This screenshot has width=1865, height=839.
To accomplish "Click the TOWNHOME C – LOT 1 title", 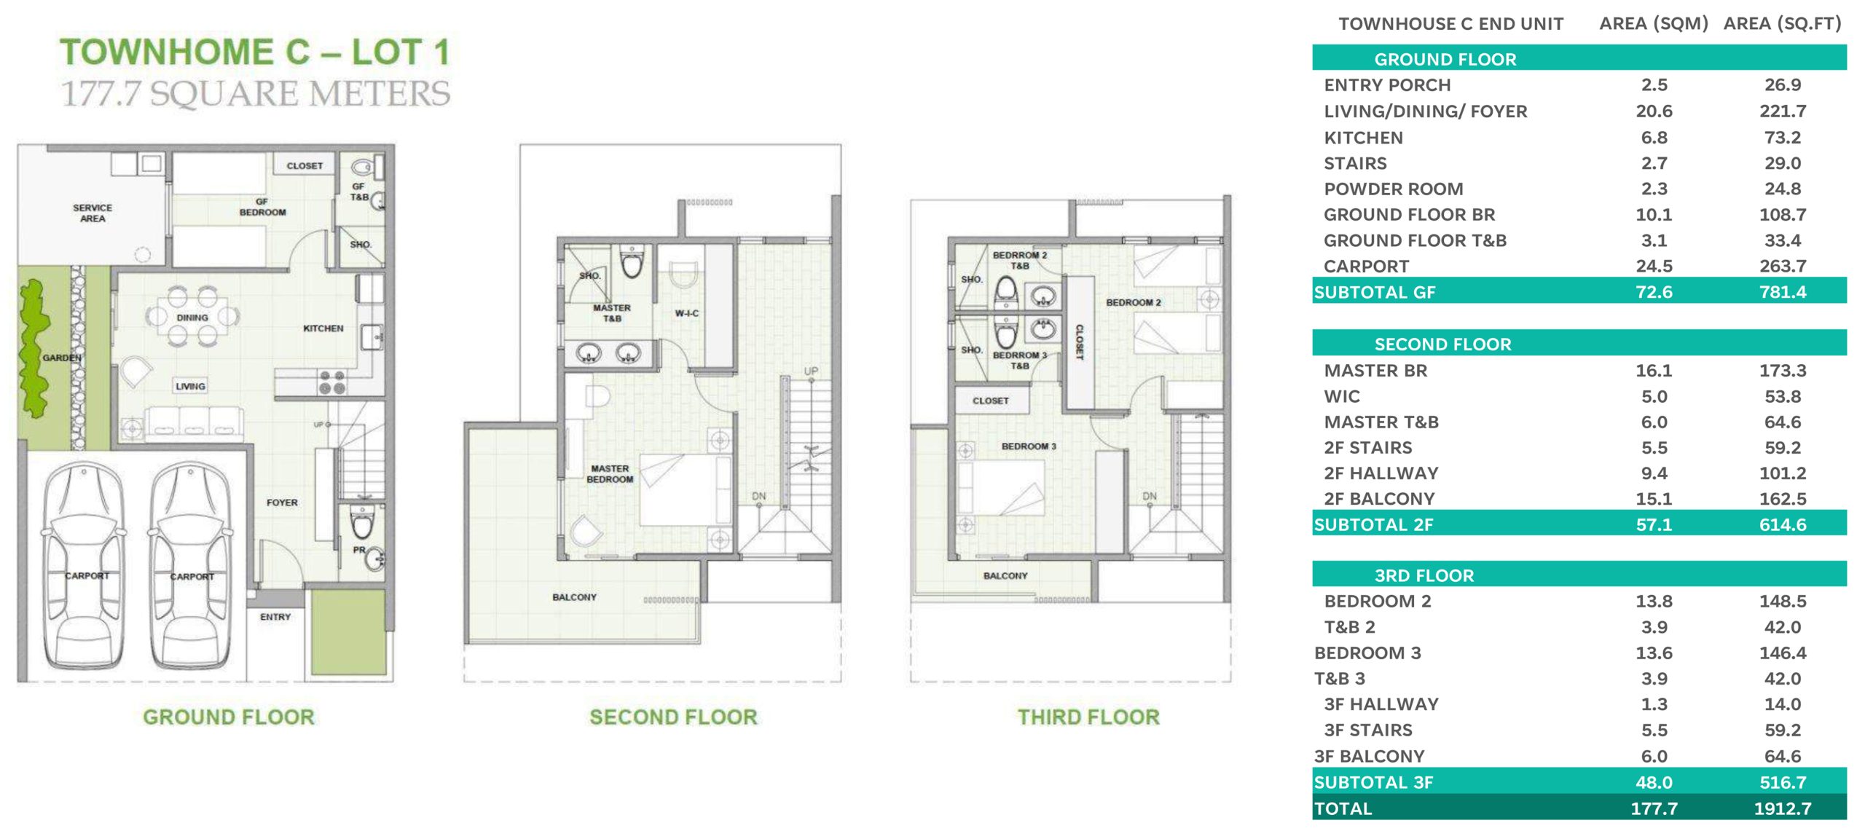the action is pyautogui.click(x=255, y=52).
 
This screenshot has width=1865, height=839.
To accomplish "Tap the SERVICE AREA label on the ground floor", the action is pyautogui.click(x=93, y=213).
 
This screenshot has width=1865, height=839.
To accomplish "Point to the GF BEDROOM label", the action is pyautogui.click(x=262, y=207).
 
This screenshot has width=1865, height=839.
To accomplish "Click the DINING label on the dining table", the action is pyautogui.click(x=192, y=318).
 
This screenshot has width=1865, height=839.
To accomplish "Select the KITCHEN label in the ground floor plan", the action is pyautogui.click(x=323, y=328).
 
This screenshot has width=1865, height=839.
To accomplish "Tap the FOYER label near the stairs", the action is pyautogui.click(x=282, y=503).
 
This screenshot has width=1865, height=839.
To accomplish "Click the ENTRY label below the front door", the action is pyautogui.click(x=275, y=617).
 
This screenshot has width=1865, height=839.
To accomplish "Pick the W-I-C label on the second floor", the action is pyautogui.click(x=686, y=313).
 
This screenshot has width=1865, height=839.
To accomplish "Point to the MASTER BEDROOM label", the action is pyautogui.click(x=610, y=474).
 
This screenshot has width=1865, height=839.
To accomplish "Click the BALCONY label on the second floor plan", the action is pyautogui.click(x=574, y=597).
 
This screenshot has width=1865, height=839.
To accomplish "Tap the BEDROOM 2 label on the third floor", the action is pyautogui.click(x=1134, y=302).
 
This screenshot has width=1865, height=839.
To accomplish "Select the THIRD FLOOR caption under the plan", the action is pyautogui.click(x=1088, y=717).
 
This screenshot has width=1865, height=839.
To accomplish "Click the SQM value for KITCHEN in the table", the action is pyautogui.click(x=1654, y=138).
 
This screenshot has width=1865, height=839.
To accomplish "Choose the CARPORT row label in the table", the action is pyautogui.click(x=1366, y=267).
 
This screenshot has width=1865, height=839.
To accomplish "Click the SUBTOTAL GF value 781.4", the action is pyautogui.click(x=1783, y=292).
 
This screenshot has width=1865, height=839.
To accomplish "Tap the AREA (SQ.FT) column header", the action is pyautogui.click(x=1782, y=24).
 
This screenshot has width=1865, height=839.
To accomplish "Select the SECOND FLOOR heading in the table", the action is pyautogui.click(x=1442, y=344).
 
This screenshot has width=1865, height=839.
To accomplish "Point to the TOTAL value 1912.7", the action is pyautogui.click(x=1783, y=808).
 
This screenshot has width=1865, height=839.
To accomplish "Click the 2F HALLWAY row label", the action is pyautogui.click(x=1381, y=473).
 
